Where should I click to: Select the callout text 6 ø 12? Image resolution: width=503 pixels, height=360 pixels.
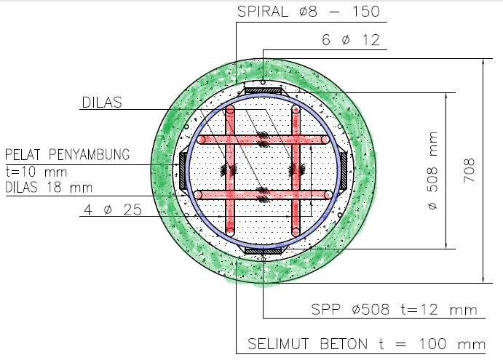coord(351,41)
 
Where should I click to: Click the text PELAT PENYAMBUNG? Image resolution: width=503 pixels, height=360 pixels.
coord(67,154)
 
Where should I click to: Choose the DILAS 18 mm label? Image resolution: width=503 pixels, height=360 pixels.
coord(49,187)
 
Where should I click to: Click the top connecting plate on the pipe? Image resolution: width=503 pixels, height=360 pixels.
coord(263,89)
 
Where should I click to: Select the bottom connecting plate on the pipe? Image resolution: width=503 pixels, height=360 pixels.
coord(263,251)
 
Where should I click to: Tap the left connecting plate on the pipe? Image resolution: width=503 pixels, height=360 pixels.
coord(182,171)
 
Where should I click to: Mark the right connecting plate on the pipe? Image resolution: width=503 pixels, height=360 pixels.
coord(344,171)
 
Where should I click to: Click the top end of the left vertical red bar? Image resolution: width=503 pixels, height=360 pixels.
coord(230,110)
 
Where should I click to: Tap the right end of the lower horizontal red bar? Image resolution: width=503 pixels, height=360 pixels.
coord(328,194)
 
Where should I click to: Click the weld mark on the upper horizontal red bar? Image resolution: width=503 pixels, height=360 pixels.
coord(263,138)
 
